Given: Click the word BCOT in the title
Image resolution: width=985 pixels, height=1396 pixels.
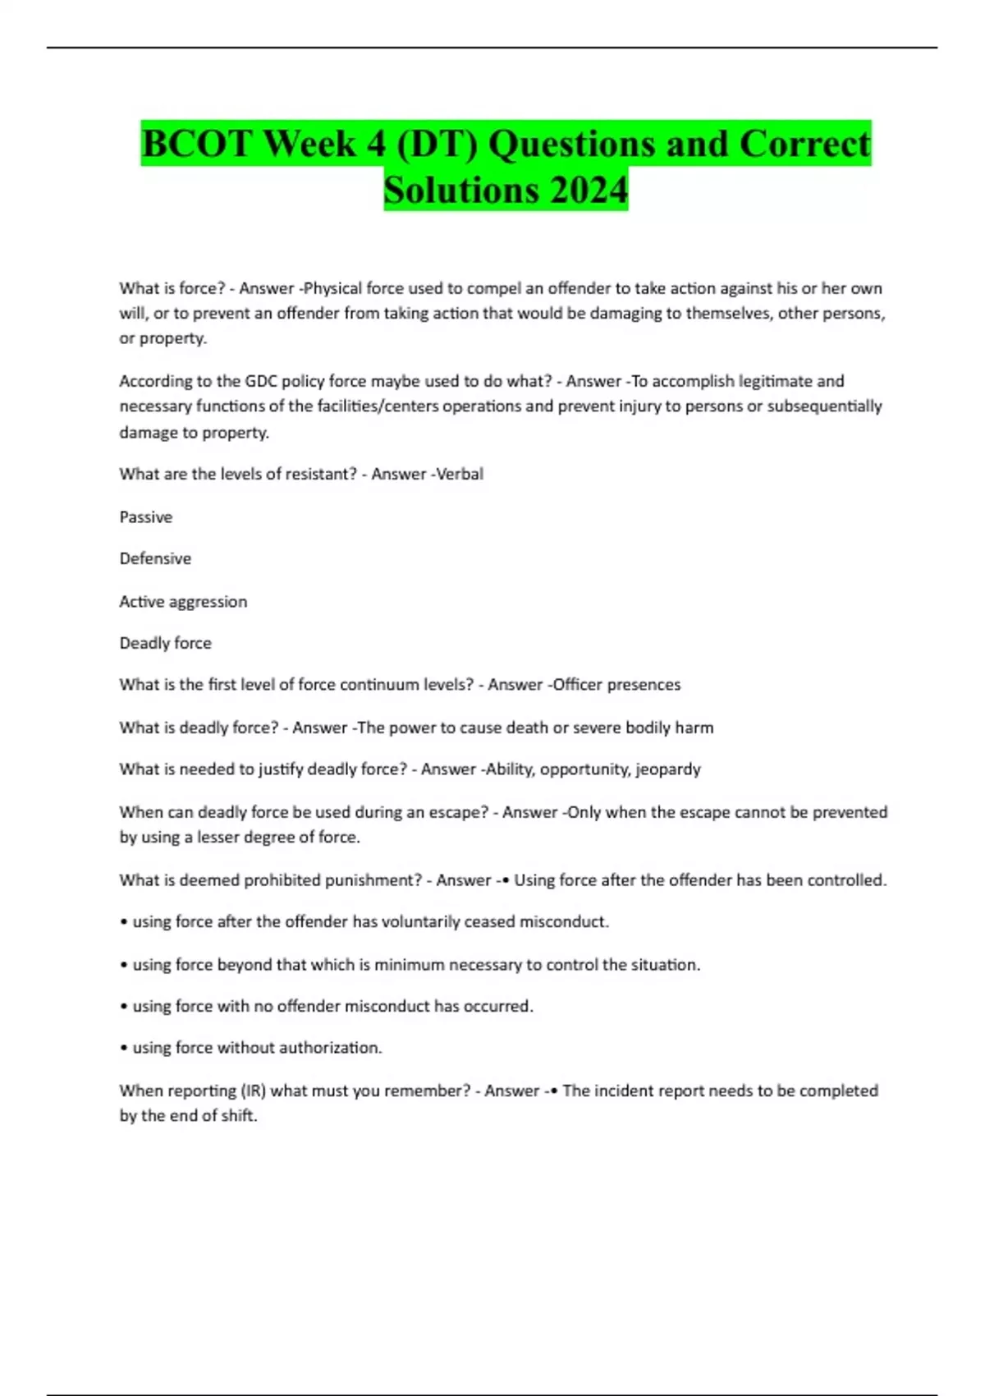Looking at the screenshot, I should pos(196,145).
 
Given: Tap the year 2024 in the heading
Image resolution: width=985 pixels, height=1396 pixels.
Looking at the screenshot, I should pos(589,190).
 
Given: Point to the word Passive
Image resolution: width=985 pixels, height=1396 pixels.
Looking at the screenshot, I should pos(146,517).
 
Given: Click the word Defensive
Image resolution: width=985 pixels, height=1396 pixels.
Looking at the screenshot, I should pos(155,559).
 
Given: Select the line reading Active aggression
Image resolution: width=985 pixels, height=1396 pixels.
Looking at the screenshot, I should pos(183,602).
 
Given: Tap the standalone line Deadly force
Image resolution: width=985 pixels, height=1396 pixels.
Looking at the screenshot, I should pos(165,644).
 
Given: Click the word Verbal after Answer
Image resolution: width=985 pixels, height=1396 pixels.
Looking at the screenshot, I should pos(460,475).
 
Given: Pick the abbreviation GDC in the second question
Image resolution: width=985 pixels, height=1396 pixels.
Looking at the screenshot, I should pos(254,381).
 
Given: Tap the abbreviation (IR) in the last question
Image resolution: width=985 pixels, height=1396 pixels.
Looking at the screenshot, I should pos(251,1091).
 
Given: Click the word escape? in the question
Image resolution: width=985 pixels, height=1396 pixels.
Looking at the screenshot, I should pos(459,812).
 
